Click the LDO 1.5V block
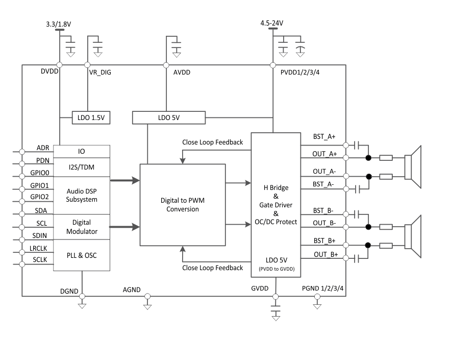pos(91,118)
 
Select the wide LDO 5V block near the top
pos(168,118)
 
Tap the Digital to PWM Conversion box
pos(182,204)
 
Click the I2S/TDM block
pos(82,166)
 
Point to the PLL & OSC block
pos(82,255)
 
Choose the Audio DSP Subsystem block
pos(82,195)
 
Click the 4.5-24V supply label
pos(271,23)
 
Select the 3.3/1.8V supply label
pos(59,23)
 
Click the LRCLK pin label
pos(39,249)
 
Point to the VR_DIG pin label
pos(100,73)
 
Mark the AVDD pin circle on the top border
pos(166,65)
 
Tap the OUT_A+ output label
pos(325,153)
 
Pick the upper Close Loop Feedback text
pos(212,142)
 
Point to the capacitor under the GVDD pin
pos(276,311)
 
